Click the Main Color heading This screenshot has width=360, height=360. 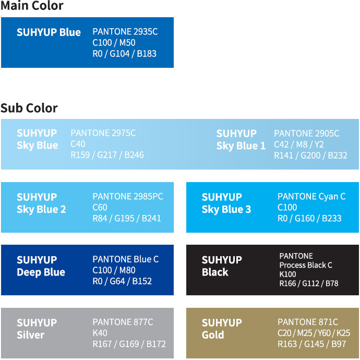click(32, 6)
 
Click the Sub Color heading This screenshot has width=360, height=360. click(29, 108)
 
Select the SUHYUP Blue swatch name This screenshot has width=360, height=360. click(49, 32)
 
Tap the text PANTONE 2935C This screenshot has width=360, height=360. click(125, 31)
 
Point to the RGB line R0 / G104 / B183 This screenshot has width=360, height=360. click(125, 54)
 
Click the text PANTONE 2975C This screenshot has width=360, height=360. click(103, 133)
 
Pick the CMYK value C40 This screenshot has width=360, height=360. click(78, 144)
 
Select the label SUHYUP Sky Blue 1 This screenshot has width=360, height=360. click(241, 140)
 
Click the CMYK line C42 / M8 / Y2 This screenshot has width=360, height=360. click(299, 145)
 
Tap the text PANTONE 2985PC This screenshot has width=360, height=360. click(128, 196)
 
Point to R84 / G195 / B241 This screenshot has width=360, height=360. click(127, 218)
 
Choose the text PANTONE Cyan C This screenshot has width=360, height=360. click(311, 196)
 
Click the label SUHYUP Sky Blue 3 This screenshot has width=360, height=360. click(226, 203)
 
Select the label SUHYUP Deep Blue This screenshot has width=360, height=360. click(41, 266)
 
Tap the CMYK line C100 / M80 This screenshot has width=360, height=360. click(114, 270)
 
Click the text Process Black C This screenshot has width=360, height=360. click(306, 265)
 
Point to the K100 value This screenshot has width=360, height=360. click(287, 274)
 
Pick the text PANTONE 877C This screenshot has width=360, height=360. click(123, 322)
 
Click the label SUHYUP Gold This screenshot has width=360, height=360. click(222, 329)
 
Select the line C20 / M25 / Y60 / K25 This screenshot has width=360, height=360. click(314, 333)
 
